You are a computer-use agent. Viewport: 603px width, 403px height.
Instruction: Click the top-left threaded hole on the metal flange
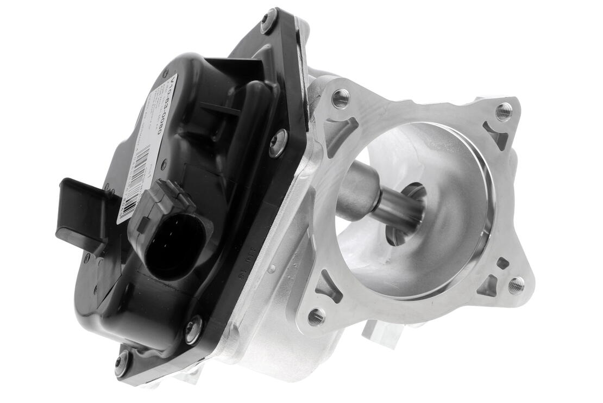click(341, 98)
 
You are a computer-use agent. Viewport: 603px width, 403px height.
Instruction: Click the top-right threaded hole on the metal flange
click(504, 111)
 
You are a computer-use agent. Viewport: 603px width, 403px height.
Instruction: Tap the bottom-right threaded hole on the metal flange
click(516, 284)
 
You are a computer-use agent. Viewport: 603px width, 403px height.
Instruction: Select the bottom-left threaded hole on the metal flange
click(317, 316)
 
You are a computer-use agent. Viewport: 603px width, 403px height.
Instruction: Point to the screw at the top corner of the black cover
click(268, 20)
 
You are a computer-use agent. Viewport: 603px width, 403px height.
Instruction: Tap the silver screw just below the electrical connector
click(193, 330)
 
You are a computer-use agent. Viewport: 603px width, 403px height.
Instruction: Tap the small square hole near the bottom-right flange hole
click(502, 263)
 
